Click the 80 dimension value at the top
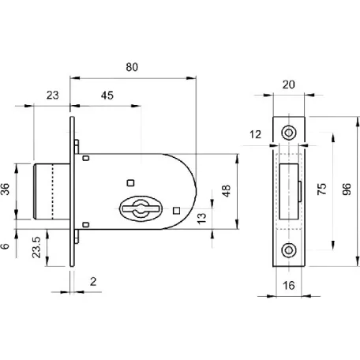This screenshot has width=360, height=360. pos(132,67)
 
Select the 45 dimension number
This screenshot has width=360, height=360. pos(107,96)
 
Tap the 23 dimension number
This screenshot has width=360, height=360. pos(53,96)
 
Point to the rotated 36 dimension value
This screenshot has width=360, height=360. pos(5,189)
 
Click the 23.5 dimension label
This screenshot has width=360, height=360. pos(36,247)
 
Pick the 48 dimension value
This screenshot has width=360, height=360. pos(226,191)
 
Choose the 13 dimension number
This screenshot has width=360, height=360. pos(202,219)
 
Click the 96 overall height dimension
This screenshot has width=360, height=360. pos(347,189)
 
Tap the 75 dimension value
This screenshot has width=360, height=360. pos(321,189)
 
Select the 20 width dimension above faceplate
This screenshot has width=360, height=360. pos(289,84)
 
